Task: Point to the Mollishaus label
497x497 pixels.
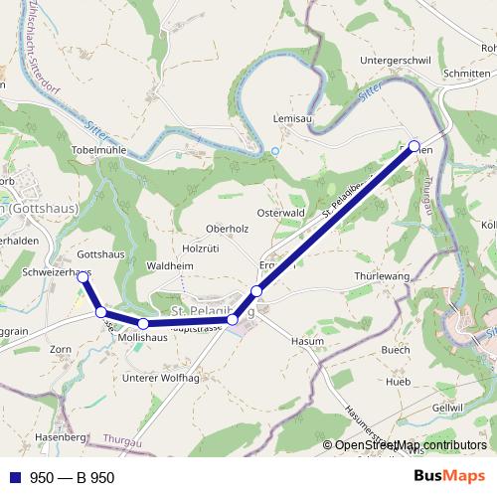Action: tap(141, 338)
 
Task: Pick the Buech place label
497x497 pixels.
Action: tap(395, 350)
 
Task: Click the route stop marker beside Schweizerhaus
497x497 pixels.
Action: tap(83, 277)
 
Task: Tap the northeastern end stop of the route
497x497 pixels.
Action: tap(414, 145)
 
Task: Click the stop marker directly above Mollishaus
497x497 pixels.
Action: tap(143, 324)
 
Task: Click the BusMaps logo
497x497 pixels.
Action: tap(448, 477)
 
